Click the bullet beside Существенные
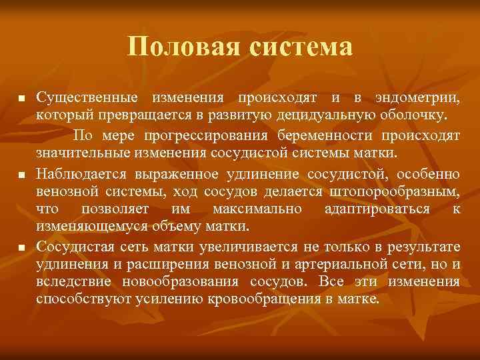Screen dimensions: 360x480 pos(21,99)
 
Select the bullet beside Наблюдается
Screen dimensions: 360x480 pos(21,175)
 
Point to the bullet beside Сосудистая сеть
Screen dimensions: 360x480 pos(21,248)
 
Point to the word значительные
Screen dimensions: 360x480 pos(80,155)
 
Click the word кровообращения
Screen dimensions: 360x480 pos(268,299)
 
